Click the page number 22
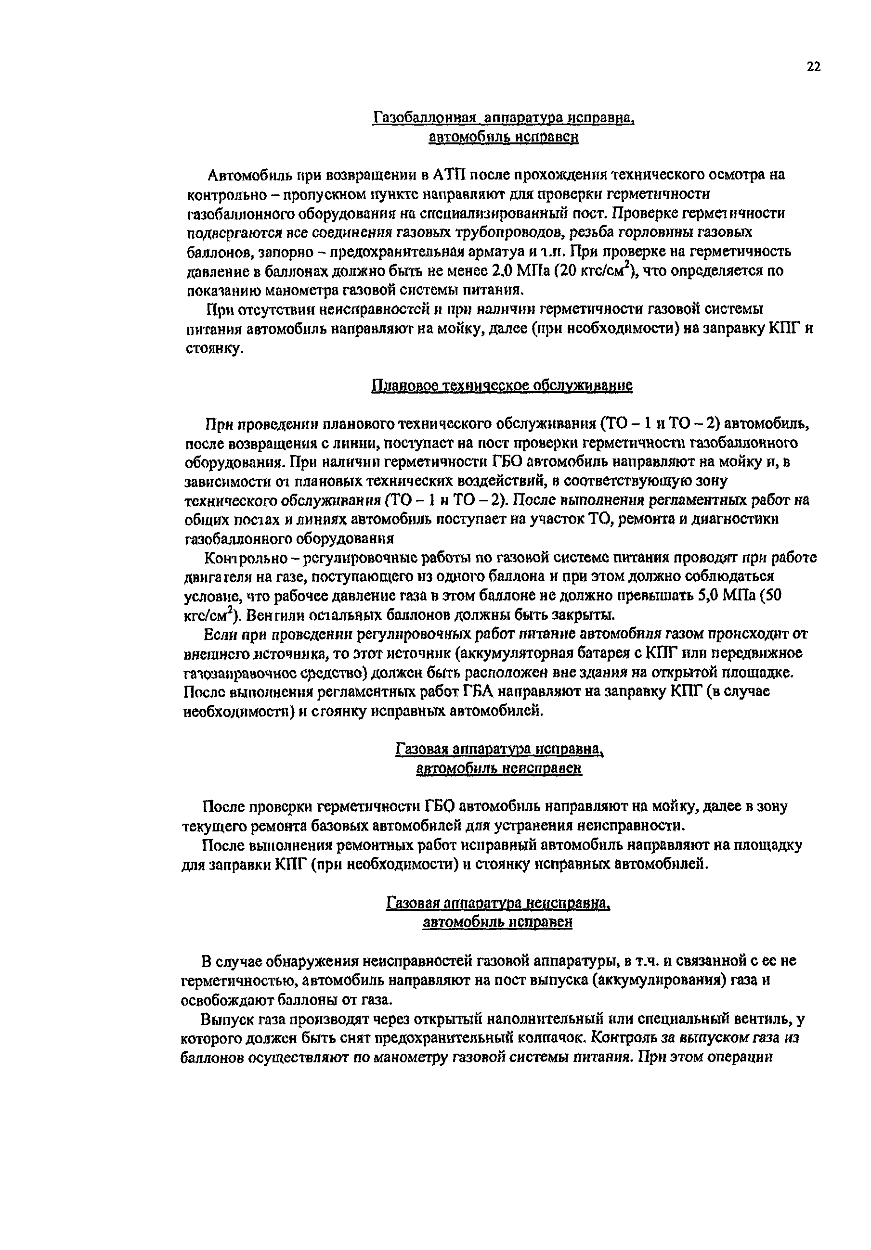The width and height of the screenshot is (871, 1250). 813,67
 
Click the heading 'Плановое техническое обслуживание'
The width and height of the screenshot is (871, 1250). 501,385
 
